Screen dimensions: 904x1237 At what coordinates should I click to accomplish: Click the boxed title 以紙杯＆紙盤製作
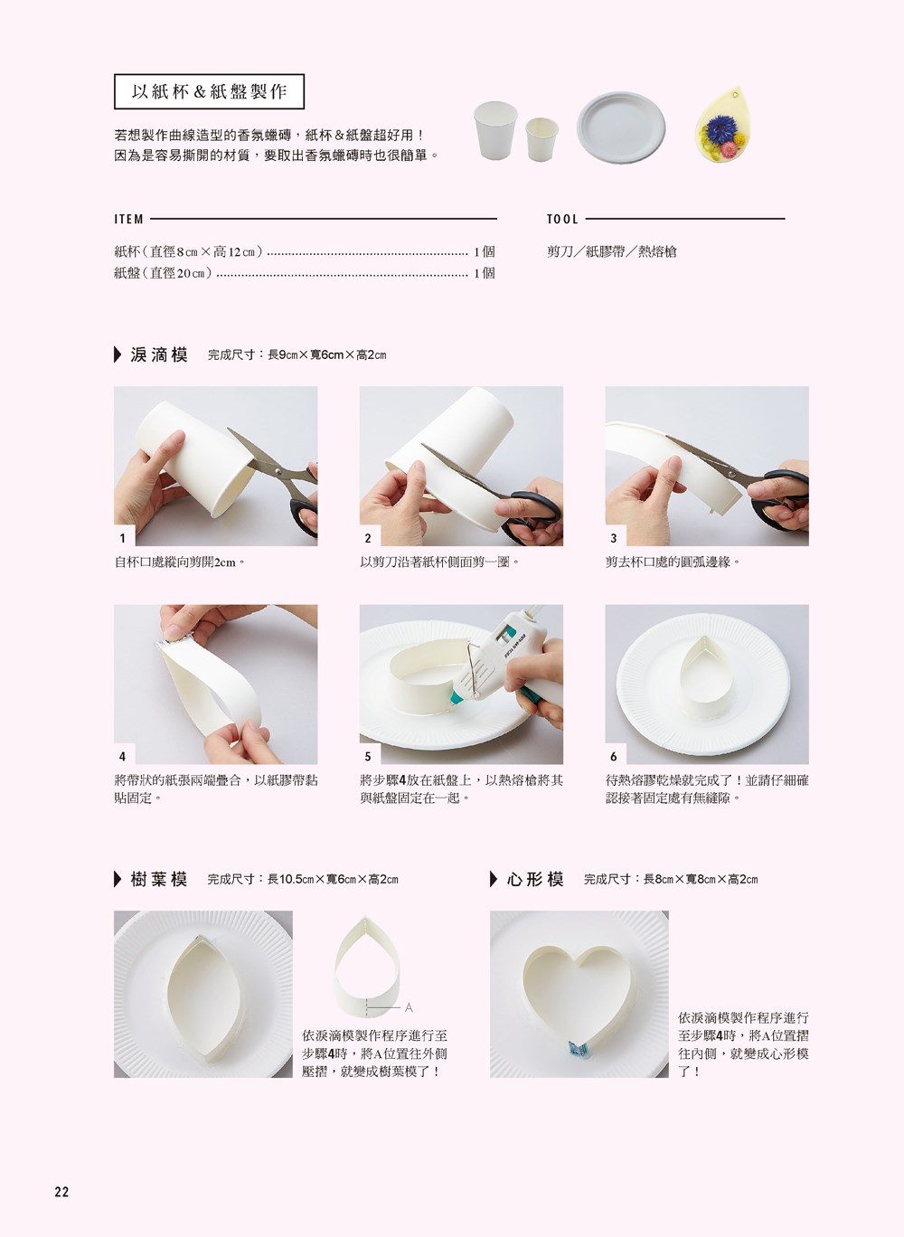point(209,91)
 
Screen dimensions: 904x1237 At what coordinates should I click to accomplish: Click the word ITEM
point(128,219)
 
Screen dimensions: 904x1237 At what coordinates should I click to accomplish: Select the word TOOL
point(562,219)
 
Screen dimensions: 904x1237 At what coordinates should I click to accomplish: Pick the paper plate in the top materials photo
point(621,127)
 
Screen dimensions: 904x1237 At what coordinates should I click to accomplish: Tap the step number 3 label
point(613,538)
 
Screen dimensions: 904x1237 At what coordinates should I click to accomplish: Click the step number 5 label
point(368,756)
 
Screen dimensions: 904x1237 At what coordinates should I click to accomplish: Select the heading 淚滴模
point(159,354)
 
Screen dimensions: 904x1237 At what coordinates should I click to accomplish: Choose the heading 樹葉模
point(159,879)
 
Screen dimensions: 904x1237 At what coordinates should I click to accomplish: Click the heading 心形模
point(535,879)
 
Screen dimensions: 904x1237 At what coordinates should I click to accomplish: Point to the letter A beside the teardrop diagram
point(409,1008)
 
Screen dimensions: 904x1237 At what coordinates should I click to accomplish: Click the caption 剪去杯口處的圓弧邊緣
point(673,562)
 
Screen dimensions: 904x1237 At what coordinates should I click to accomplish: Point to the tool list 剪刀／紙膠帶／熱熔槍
point(611,251)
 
